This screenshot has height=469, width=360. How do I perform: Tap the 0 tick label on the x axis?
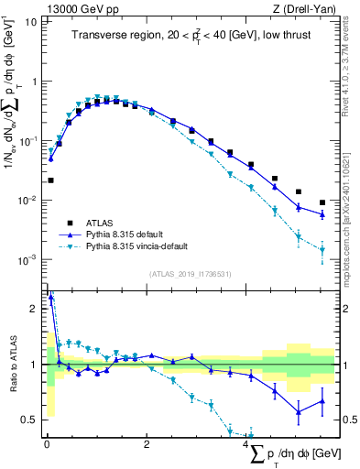coord(47,444)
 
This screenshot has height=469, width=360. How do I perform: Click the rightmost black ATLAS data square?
coord(322,202)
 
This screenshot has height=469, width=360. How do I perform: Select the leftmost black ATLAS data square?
coord(51,180)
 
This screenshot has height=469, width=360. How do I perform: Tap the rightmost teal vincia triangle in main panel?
coord(322,249)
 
